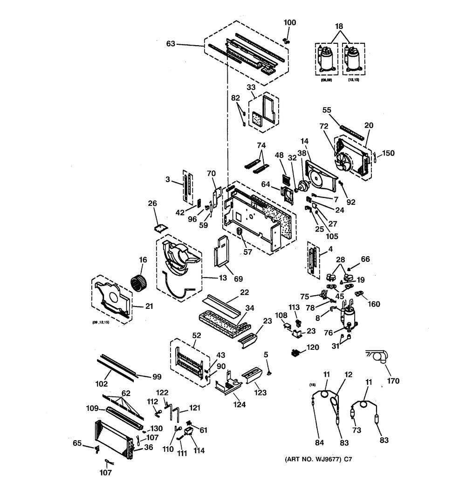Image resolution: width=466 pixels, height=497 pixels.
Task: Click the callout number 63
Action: tap(171, 45)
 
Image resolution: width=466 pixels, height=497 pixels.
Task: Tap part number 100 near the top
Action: tap(290, 22)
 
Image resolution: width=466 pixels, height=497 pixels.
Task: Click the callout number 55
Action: tap(327, 110)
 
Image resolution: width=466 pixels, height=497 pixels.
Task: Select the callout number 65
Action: tap(77, 444)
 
